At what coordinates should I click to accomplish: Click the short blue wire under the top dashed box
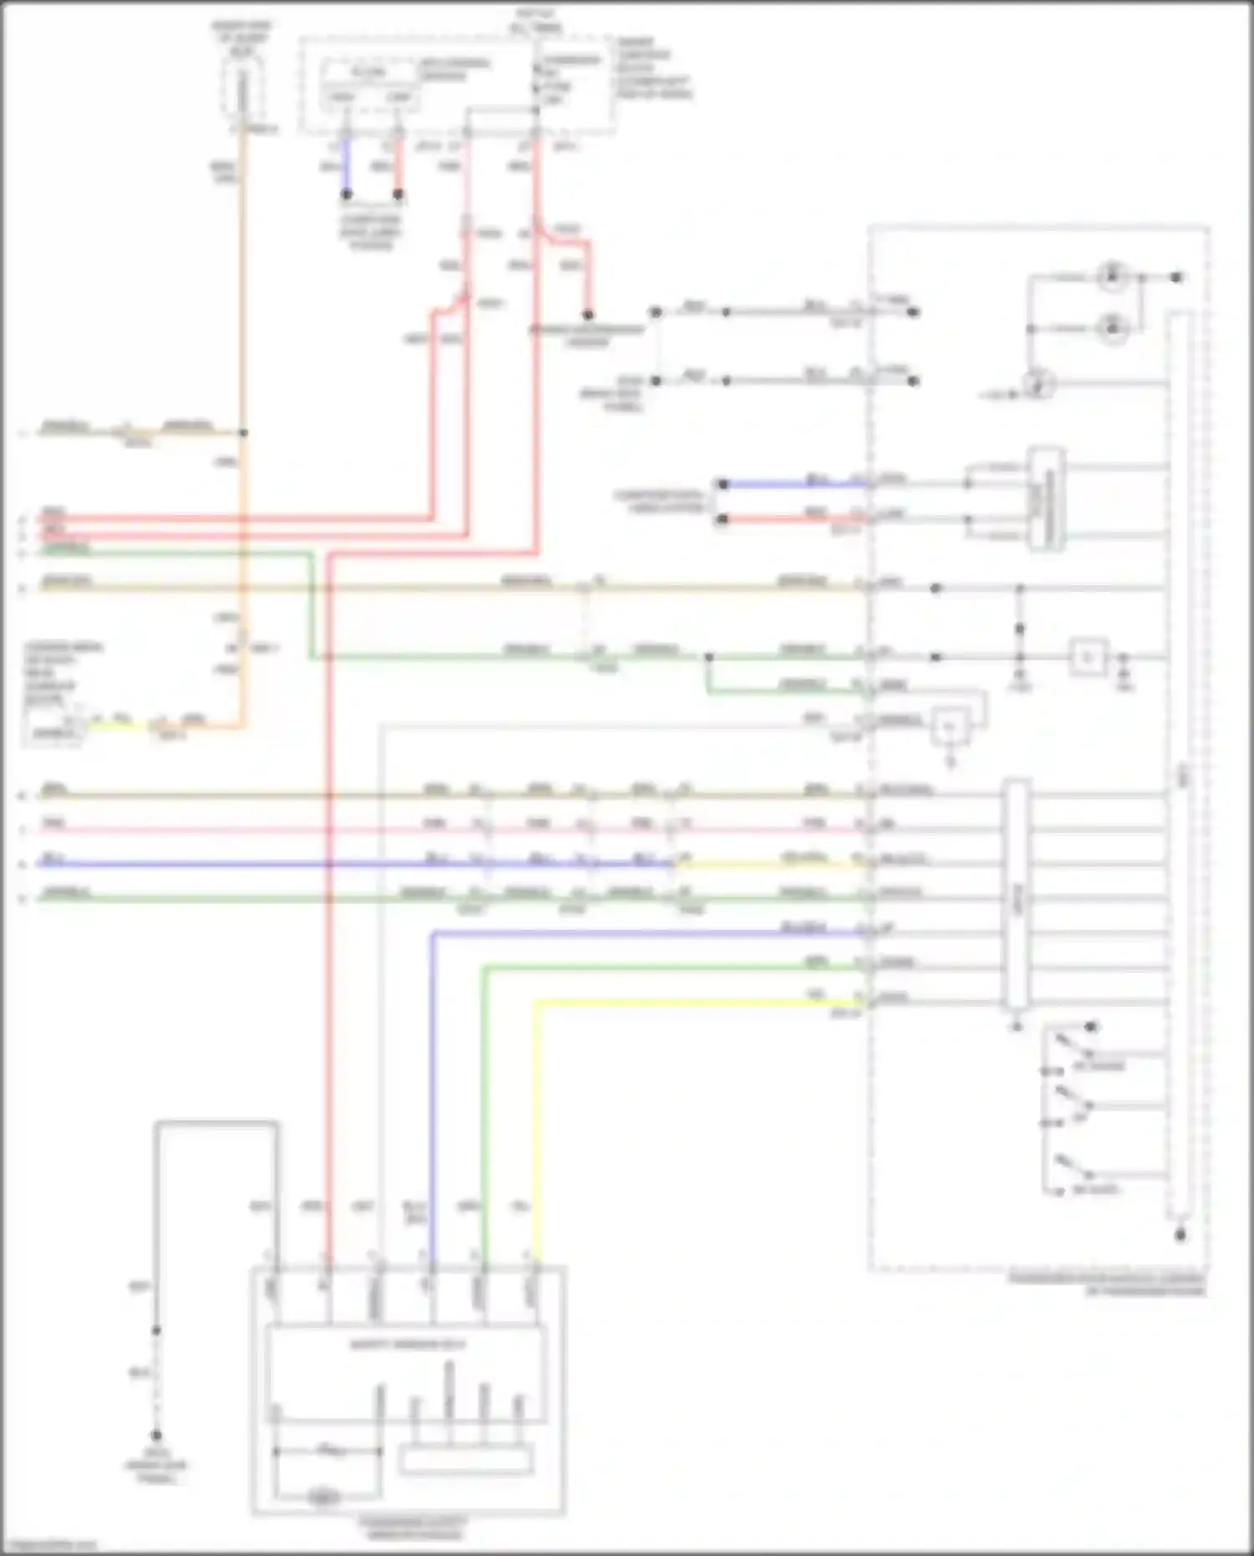tap(346, 167)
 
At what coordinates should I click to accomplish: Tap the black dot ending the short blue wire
tap(346, 194)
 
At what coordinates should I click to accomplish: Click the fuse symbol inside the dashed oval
tap(242, 90)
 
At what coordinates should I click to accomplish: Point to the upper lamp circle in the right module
tap(1112, 276)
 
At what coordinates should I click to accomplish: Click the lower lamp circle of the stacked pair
tap(1112, 329)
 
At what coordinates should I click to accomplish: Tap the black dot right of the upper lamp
tap(1176, 277)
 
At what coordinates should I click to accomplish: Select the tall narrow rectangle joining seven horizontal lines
tap(1017, 895)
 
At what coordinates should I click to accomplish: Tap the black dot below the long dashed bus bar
tap(1180, 1235)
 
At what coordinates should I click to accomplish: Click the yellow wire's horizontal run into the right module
tap(694, 1002)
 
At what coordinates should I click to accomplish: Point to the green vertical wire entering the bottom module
tap(484, 1112)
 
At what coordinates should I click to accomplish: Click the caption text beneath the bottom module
tap(410, 1528)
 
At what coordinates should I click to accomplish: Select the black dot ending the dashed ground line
tap(156, 1435)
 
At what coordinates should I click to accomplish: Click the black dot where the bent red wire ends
tap(588, 315)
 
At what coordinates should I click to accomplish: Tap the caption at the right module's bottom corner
tap(1107, 1284)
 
